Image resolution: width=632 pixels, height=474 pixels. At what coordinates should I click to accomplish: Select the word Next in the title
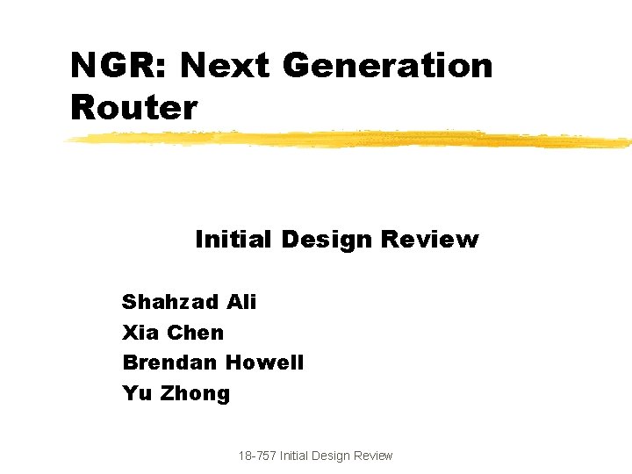pyautogui.click(x=224, y=65)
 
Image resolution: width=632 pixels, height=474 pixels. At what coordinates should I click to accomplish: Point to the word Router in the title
pyautogui.click(x=133, y=108)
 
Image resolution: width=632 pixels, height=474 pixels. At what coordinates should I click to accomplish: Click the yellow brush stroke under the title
pyautogui.click(x=351, y=139)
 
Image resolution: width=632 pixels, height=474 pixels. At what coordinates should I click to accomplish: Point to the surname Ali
pyautogui.click(x=241, y=303)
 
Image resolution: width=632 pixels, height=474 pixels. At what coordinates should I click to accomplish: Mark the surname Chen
pyautogui.click(x=195, y=333)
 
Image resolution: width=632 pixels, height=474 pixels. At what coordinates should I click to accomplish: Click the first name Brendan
pyautogui.click(x=170, y=363)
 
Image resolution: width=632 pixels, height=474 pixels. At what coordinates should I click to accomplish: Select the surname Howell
pyautogui.click(x=264, y=363)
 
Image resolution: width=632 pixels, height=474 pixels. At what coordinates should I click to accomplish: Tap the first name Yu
pyautogui.click(x=137, y=393)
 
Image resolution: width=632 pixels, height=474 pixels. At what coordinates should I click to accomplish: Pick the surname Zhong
pyautogui.click(x=194, y=393)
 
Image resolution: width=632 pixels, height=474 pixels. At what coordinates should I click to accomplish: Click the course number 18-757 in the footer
pyautogui.click(x=256, y=456)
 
